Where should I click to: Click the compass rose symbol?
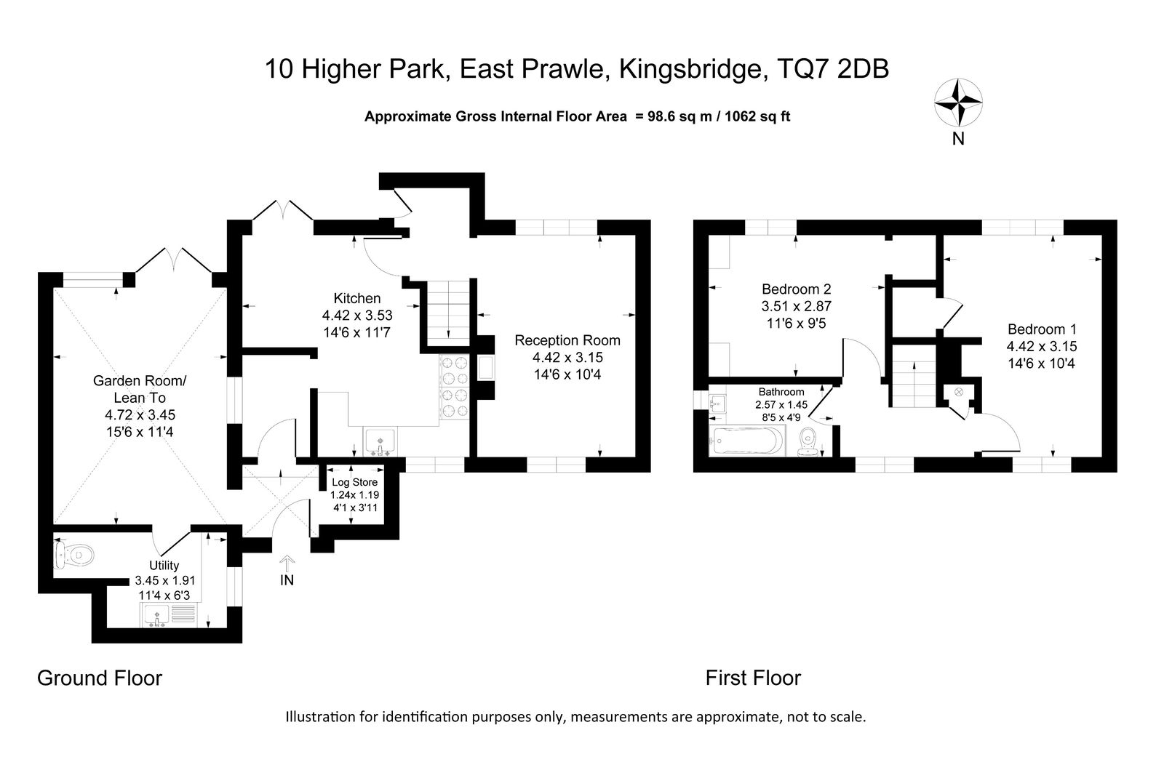tap(958, 103)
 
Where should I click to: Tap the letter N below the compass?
tap(958, 139)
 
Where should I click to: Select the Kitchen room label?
tap(357, 298)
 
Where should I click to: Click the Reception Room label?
tap(567, 340)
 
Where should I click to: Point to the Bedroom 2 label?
tap(797, 289)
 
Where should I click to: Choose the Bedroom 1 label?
tap(1042, 329)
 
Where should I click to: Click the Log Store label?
tap(355, 483)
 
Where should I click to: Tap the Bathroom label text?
tap(781, 392)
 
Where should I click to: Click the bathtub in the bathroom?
tap(746, 441)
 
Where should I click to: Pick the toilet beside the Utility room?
tap(73, 556)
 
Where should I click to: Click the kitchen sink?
tap(380, 442)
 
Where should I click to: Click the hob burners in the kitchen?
tap(454, 387)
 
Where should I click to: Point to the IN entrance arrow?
tap(287, 563)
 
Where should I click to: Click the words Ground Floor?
tap(100, 678)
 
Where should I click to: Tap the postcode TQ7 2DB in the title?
tap(832, 69)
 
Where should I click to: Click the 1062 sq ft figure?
tap(757, 116)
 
